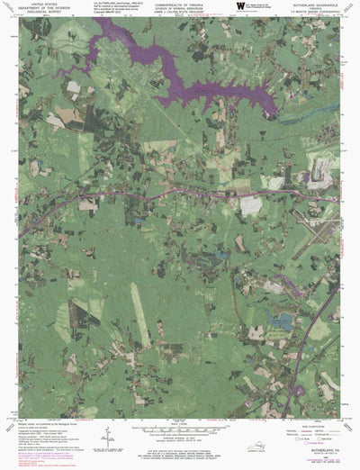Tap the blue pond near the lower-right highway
click(282, 319)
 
